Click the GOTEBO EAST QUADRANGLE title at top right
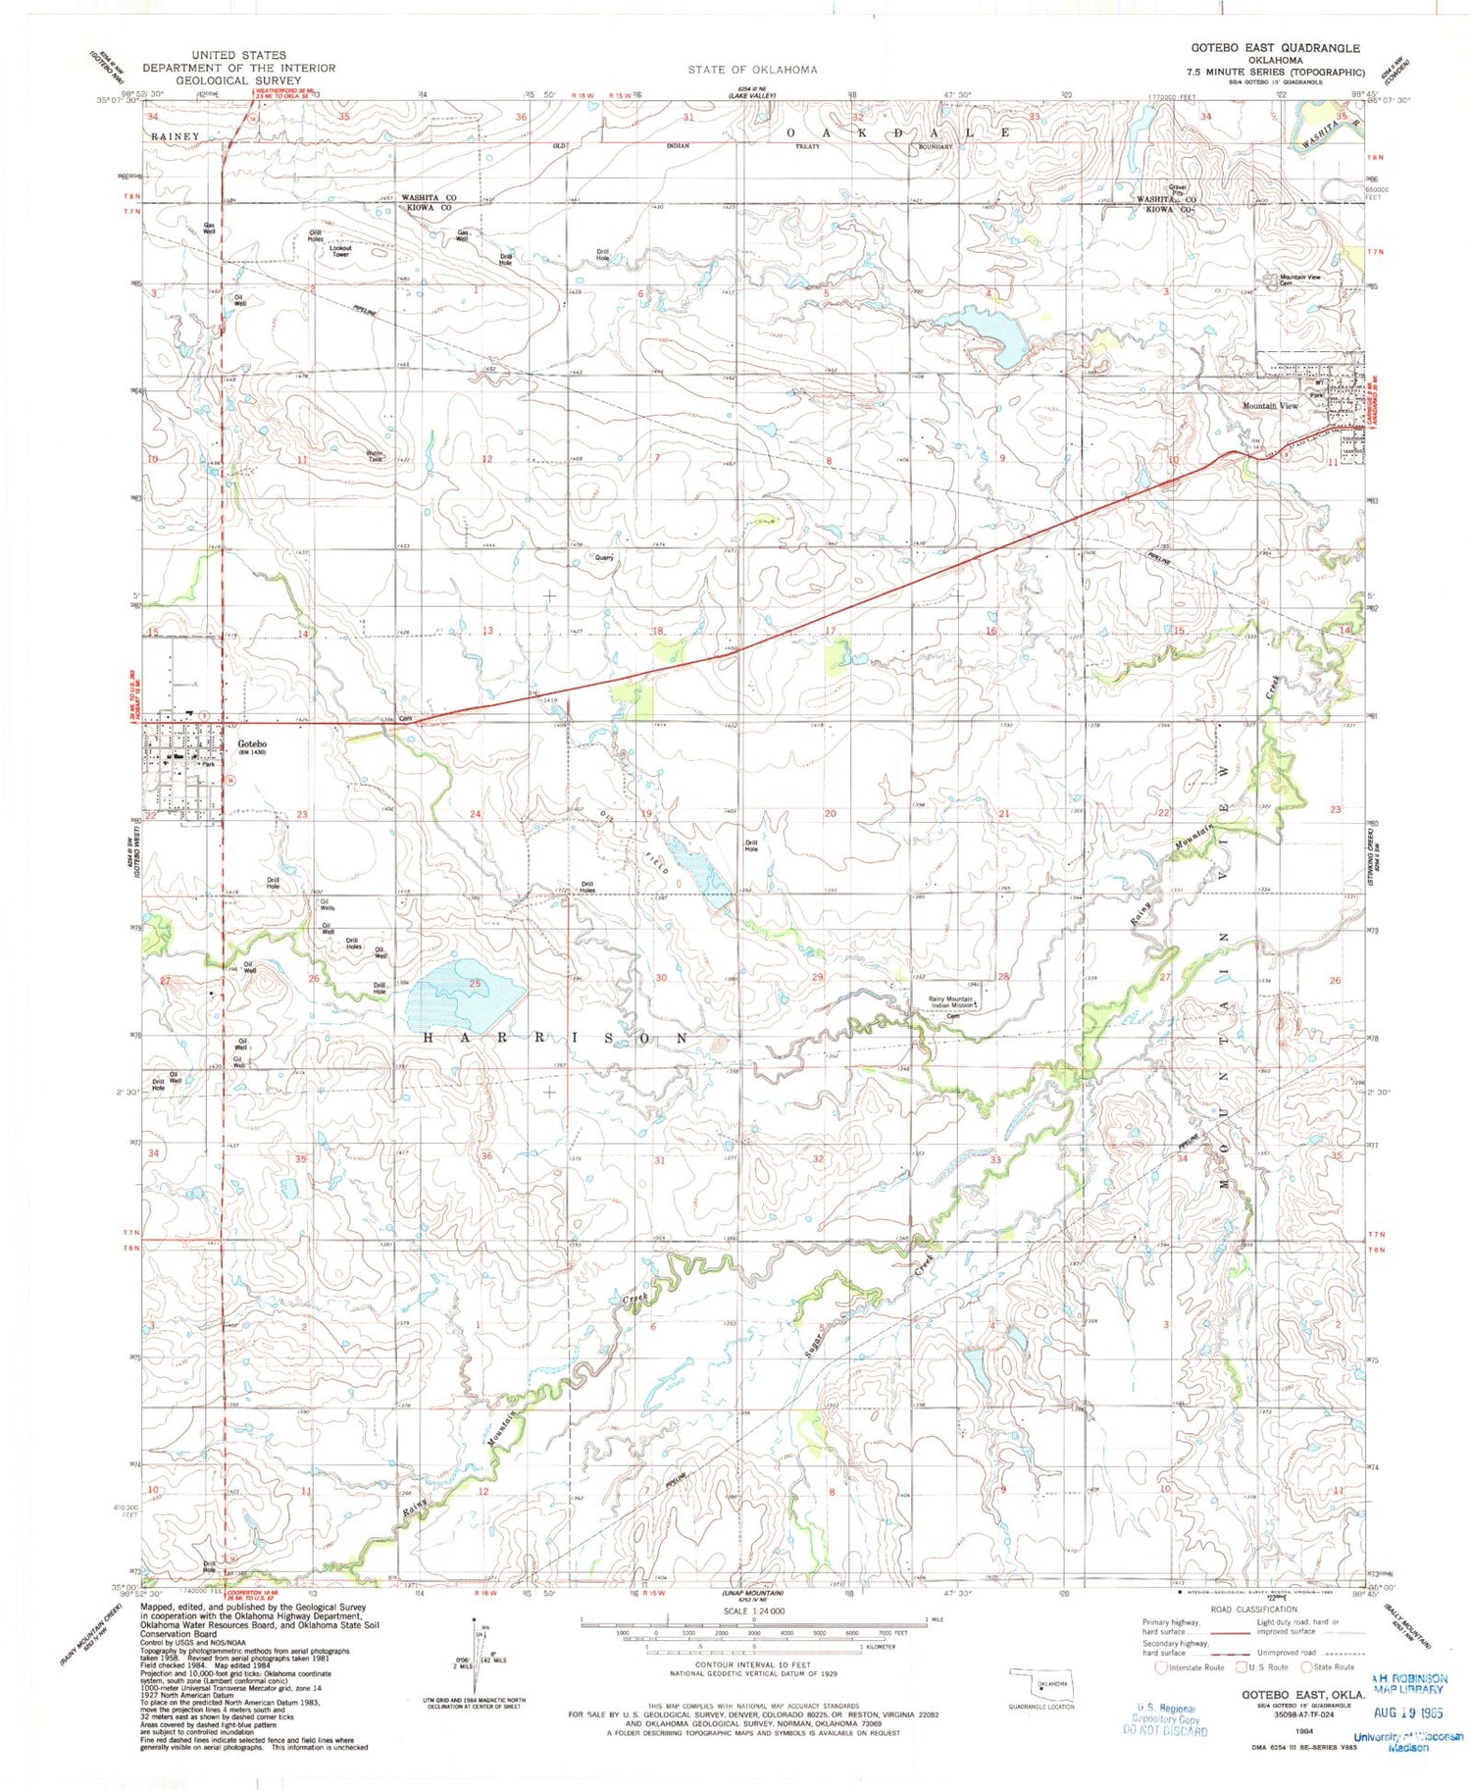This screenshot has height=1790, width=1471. (x=1275, y=48)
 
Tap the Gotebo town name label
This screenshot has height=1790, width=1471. (x=252, y=743)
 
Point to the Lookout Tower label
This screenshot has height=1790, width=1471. (x=340, y=251)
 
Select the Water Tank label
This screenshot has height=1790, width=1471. (x=375, y=456)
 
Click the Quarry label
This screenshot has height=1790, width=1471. (x=604, y=557)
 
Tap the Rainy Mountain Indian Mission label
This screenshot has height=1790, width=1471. (x=950, y=1002)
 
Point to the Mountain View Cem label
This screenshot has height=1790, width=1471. (x=1298, y=280)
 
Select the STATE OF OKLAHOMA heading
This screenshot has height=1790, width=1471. (x=752, y=70)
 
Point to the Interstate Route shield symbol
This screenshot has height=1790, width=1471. (x=1162, y=1666)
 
